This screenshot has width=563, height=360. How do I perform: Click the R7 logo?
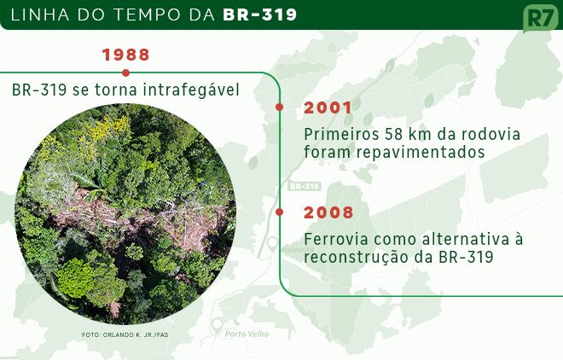pos(541,18)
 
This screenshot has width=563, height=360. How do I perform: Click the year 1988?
pos(125,55)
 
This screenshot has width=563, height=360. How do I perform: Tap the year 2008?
pos(328,212)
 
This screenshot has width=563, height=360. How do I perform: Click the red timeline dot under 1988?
pos(125,73)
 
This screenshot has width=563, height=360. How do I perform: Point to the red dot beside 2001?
pos(279,107)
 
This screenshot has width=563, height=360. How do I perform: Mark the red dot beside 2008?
pos(279,212)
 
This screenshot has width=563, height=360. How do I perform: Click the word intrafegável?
pos(191,90)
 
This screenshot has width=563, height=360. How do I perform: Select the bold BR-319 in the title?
pos(260,15)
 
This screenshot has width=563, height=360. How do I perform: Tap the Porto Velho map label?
pos(247,334)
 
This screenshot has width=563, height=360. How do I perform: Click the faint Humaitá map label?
pos(298,249)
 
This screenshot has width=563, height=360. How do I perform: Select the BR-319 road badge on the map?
pos(305,186)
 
